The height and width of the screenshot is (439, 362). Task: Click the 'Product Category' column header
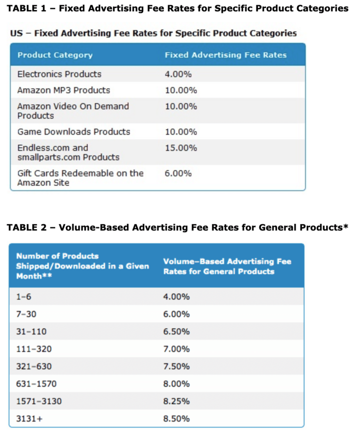[x=55, y=55]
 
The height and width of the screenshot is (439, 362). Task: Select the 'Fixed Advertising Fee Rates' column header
[x=225, y=55]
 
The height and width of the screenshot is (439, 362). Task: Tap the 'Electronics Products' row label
[x=59, y=74]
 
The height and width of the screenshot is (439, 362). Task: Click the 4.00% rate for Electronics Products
[x=178, y=74]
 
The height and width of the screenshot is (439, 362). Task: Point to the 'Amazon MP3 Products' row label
[x=64, y=90]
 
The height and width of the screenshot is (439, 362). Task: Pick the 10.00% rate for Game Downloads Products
[x=181, y=132]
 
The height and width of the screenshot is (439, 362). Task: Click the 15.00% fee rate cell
[x=181, y=148]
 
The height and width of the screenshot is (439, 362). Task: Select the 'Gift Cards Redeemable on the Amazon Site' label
[x=80, y=178]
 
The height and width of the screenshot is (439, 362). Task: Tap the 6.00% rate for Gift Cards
[x=178, y=173]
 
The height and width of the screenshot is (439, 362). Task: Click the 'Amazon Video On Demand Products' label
[x=73, y=111]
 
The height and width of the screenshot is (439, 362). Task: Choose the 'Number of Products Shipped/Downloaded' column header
[x=82, y=266]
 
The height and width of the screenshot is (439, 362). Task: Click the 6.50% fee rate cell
[x=176, y=332]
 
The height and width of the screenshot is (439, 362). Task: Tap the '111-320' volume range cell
[x=34, y=349]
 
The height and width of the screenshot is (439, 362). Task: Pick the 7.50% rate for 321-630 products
[x=176, y=367]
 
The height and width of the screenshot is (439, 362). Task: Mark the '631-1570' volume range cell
[x=36, y=384]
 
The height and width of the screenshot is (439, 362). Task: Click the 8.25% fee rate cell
[x=176, y=401]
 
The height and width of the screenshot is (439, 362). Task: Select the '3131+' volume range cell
[x=29, y=419]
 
